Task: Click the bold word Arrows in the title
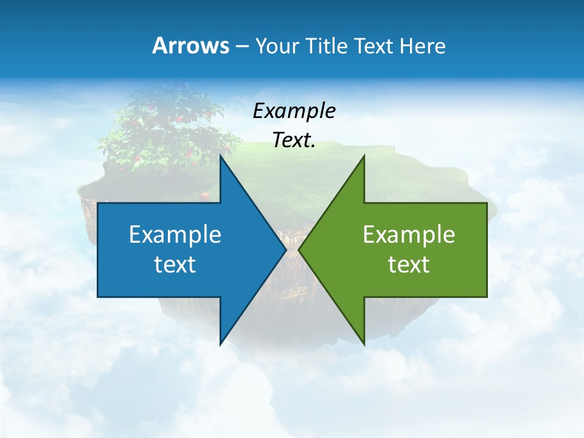[x=190, y=46]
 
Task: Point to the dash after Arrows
[x=242, y=46]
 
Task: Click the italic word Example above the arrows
[x=294, y=111]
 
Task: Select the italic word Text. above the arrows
[x=294, y=140]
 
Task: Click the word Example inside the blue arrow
[x=175, y=234]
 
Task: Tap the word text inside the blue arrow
[x=175, y=264]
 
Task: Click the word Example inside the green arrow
[x=409, y=234]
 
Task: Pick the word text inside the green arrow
[x=409, y=264]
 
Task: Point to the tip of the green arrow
[x=299, y=249]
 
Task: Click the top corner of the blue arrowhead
[x=220, y=156]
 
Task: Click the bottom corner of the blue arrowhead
[x=220, y=344]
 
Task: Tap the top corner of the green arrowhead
[x=364, y=156]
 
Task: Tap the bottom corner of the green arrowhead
[x=364, y=344]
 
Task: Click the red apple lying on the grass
[x=205, y=196]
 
